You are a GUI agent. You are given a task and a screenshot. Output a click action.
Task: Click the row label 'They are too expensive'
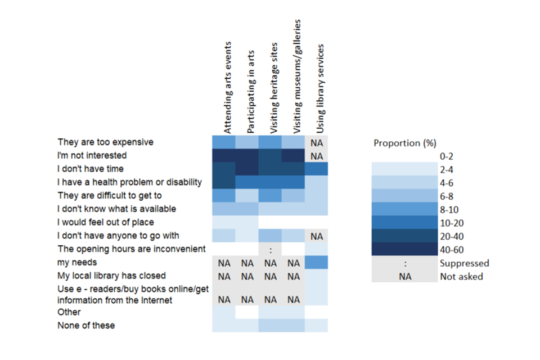105,142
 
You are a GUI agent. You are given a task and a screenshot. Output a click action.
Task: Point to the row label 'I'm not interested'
92,155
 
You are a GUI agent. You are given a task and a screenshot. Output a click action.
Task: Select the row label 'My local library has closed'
111,276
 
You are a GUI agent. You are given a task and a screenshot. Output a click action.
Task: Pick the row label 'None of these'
85,325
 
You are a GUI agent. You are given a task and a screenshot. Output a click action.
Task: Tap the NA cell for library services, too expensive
316,143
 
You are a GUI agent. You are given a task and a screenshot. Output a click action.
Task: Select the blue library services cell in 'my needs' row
316,263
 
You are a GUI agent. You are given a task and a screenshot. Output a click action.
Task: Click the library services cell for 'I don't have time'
316,169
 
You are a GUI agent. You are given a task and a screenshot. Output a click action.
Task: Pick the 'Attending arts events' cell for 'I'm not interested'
224,156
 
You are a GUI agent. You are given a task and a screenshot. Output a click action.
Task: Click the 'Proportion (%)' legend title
405,143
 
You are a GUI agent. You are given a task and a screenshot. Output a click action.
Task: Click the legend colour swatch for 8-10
405,210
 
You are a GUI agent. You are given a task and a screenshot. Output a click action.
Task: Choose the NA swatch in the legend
405,277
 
